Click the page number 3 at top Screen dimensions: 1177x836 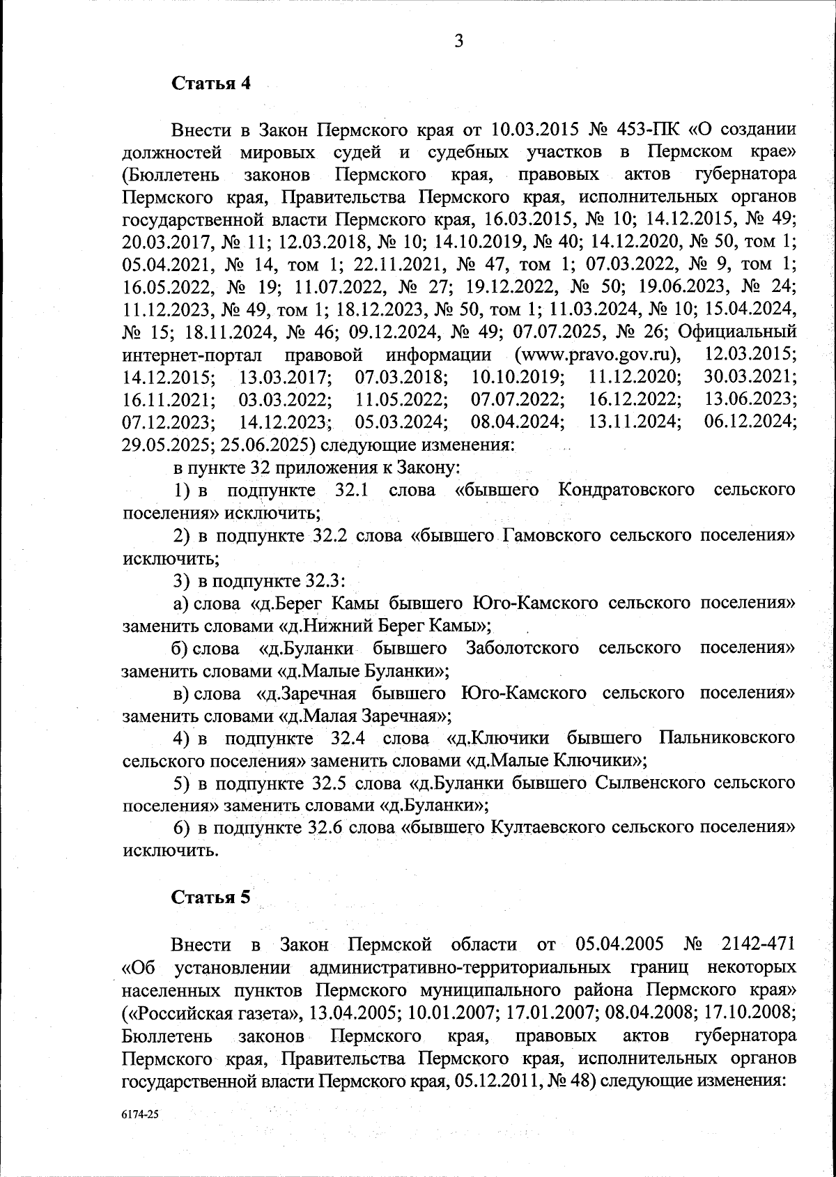click(458, 41)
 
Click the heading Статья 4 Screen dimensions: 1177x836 click(210, 84)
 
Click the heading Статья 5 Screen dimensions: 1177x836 click(210, 897)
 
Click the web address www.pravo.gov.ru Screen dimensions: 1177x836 click(596, 355)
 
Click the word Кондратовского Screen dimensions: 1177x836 click(626, 490)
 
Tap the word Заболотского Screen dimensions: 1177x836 click(522, 648)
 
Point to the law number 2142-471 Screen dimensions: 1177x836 click(754, 945)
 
